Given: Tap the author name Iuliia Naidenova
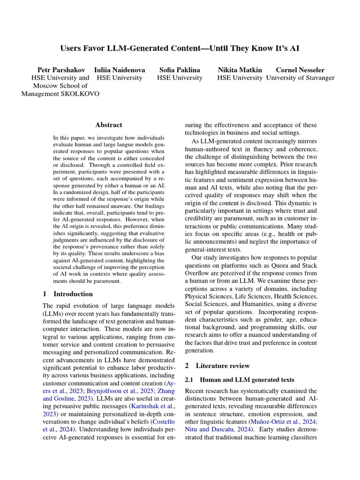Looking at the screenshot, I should pos(120,70).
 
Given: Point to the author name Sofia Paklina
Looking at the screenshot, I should pos(180,70).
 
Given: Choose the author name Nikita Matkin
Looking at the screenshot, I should pos(240,70).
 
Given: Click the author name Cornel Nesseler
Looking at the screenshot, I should pos(300,70).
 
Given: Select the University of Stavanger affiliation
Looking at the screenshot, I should pos(300,78).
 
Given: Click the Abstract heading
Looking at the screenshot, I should pos(109,125).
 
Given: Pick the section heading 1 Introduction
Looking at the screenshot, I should pos(67,294).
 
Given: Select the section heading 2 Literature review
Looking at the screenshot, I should pos(217,365).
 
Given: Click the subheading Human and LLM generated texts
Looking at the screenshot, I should pos(247,379).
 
